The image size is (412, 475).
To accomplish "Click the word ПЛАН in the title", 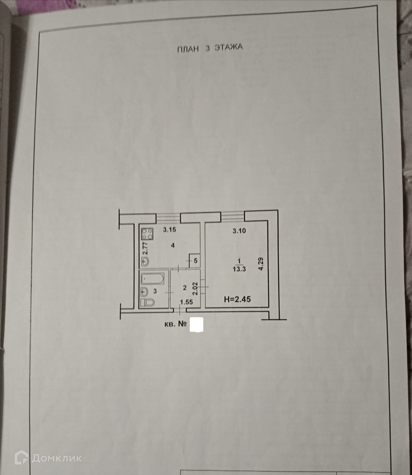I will coord(188,49).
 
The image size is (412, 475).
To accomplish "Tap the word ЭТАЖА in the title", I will coord(228,47).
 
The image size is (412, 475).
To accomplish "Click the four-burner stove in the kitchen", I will coord(147,234).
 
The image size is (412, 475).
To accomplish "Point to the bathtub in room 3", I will coord(152,279).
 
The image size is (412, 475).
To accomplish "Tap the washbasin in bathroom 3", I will coord(144,291).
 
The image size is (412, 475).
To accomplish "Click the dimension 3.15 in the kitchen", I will coord(170,229).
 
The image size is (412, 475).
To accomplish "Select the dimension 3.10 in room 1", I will coord(239,231).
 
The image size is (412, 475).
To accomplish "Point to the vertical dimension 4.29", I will coord(261,264).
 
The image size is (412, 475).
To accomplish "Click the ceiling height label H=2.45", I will coord(237,299).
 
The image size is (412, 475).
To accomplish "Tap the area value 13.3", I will coord(239,270).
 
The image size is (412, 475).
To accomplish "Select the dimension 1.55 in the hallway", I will coord(187,302).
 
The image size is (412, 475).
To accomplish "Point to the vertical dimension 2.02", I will coord(195,288).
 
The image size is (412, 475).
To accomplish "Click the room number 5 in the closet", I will coord(195,261).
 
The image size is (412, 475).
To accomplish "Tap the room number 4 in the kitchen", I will coord(173,245).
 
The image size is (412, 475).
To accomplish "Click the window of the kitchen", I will coord(168,218).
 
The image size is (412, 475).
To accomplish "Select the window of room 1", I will coord(233,216).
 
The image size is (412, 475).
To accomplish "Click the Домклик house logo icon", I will coord(21,457).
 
